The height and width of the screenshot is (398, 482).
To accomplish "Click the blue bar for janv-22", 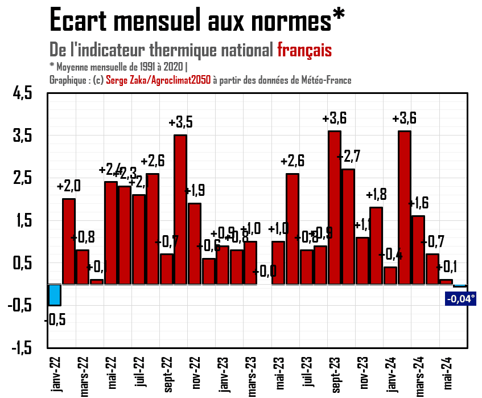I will pyautogui.click(x=55, y=294).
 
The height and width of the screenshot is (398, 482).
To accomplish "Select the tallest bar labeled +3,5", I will pyautogui.click(x=180, y=209).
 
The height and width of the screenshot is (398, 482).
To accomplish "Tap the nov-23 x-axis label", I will pyautogui.click(x=363, y=374).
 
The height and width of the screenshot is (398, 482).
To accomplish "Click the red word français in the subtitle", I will pyautogui.click(x=304, y=50).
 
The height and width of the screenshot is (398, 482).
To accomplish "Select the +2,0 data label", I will pyautogui.click(x=69, y=186).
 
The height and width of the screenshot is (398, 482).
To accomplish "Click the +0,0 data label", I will pyautogui.click(x=265, y=271).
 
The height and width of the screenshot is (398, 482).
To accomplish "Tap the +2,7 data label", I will pyautogui.click(x=348, y=156).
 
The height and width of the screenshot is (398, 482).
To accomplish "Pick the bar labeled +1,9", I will pyautogui.click(x=195, y=243).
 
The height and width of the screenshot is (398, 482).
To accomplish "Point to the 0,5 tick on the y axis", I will pyautogui.click(x=24, y=264).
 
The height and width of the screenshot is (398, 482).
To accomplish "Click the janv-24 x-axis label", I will pyautogui.click(x=391, y=374).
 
